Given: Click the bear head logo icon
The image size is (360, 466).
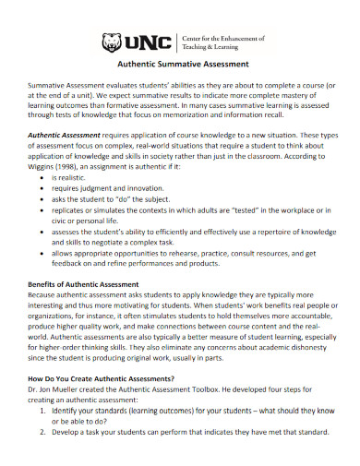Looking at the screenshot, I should point(110,42).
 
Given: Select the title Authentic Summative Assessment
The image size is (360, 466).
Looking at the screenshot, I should point(180,65).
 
